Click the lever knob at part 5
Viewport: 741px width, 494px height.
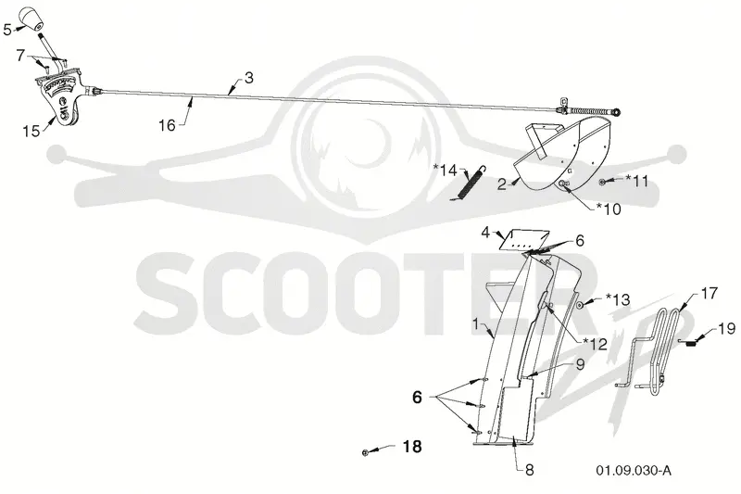[31, 18]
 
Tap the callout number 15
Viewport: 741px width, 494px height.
[31, 131]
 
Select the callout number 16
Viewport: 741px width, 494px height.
[167, 125]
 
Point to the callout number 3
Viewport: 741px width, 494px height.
[248, 78]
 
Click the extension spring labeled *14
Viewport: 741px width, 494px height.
[471, 184]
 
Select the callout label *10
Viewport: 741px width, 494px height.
[609, 209]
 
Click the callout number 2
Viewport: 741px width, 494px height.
[502, 184]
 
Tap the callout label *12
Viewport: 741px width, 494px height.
[595, 344]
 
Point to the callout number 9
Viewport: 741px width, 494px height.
[580, 364]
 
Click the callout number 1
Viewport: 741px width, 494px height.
[476, 324]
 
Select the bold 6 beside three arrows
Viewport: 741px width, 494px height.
[417, 397]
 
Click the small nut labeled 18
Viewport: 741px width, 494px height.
[365, 453]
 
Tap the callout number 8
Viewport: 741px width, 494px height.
[529, 470]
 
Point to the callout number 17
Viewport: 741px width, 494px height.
[710, 293]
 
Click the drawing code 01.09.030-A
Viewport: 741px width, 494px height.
[633, 470]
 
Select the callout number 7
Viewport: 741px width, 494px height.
[19, 56]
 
